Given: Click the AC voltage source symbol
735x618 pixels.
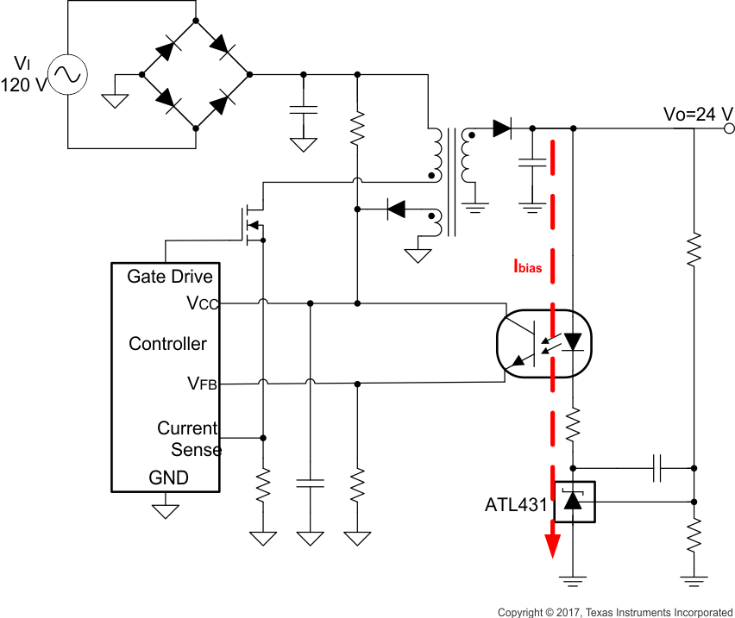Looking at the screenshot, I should (x=67, y=75).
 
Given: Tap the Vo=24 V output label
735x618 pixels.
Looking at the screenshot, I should (x=698, y=114).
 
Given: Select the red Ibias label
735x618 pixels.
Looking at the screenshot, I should (x=527, y=267).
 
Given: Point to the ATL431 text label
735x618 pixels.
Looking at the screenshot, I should (x=516, y=504).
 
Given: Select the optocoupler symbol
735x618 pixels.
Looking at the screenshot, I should (x=544, y=344).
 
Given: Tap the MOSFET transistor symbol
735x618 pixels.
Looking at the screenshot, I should (x=251, y=224).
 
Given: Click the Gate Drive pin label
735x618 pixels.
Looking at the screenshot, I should (x=169, y=277).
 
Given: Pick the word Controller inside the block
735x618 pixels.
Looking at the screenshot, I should (x=167, y=344).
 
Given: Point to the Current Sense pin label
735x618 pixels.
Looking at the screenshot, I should (x=188, y=439).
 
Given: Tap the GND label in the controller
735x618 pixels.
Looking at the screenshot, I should (x=168, y=478).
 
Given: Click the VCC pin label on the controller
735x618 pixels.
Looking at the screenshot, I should (x=203, y=303).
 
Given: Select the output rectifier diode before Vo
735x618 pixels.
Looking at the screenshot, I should (x=502, y=129).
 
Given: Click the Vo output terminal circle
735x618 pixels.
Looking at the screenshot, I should (x=729, y=129).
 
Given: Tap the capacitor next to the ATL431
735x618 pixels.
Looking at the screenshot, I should (x=659, y=469).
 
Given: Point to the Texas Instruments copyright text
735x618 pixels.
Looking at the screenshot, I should (x=614, y=612).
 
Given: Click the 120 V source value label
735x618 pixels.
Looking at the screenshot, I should (x=22, y=84).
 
